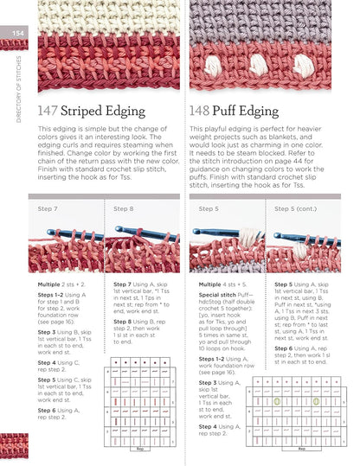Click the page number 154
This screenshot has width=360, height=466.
tap(17, 34)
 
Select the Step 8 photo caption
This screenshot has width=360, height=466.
tap(124, 208)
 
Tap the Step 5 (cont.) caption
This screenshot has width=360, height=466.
tap(296, 208)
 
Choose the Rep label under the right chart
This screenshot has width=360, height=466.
tap(300, 448)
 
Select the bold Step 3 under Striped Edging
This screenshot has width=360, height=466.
tap(47, 331)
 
